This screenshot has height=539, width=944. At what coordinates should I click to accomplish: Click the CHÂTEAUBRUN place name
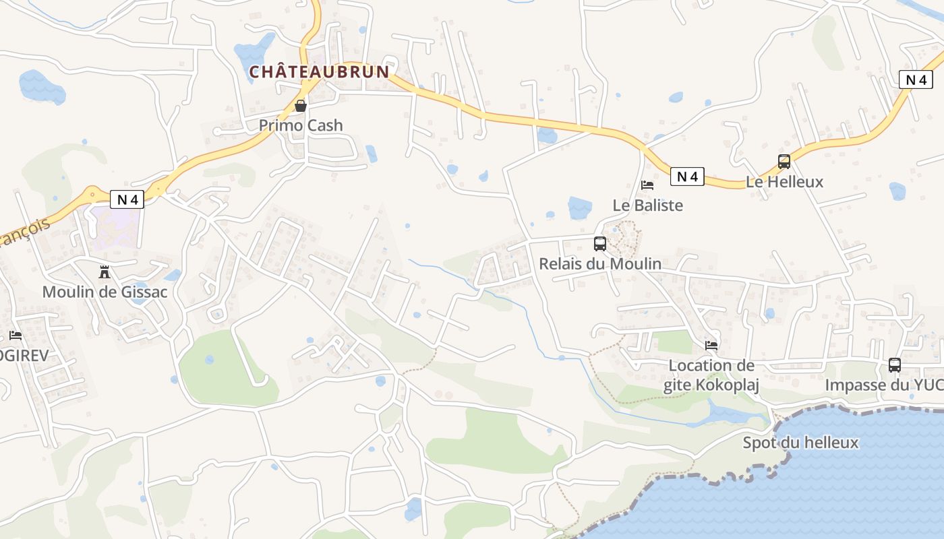point(320,71)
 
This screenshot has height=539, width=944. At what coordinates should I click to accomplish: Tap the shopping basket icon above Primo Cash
point(301,106)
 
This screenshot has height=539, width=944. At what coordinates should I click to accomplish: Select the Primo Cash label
point(301,125)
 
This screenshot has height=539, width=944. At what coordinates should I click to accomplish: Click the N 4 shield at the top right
point(916,80)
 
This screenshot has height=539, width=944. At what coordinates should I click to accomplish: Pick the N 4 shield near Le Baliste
point(687,177)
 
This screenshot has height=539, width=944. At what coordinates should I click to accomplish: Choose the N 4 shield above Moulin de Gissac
point(127,199)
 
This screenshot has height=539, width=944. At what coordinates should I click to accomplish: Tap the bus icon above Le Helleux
point(784,162)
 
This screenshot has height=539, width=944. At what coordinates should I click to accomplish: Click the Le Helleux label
point(784,182)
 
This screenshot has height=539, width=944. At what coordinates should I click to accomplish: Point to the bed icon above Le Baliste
point(647,185)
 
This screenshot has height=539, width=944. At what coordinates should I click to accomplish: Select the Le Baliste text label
point(647,205)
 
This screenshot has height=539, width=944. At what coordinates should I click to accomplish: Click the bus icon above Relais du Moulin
point(599,244)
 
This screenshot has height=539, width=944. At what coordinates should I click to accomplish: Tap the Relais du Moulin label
point(599,264)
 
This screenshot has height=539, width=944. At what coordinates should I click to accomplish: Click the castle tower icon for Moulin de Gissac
point(105,272)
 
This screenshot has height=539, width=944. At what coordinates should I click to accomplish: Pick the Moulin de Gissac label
point(105,292)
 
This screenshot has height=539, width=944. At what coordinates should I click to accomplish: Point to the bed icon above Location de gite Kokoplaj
point(711,346)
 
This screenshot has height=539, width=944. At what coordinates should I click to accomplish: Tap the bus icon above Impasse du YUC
point(894,365)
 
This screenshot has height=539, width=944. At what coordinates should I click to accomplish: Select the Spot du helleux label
point(800,443)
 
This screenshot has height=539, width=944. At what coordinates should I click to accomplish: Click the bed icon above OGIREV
point(16,336)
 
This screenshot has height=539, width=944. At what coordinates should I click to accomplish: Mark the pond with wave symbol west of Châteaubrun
point(42,86)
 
